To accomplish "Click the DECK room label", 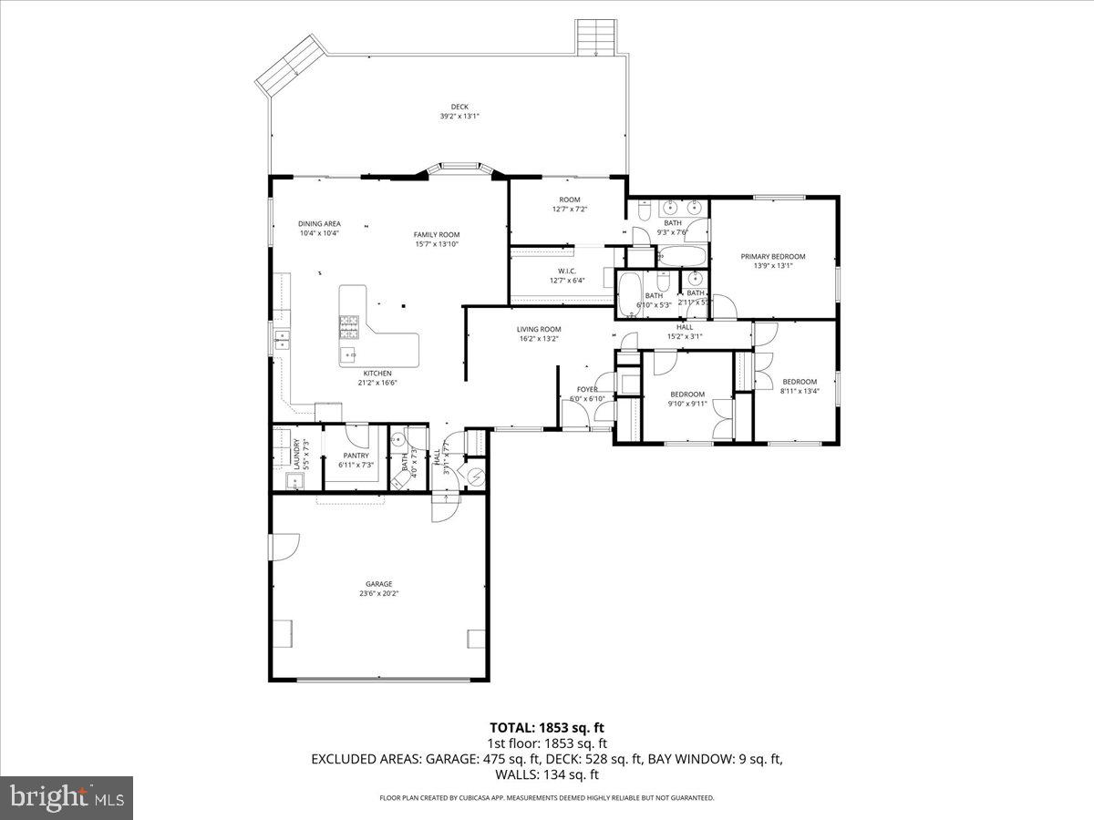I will (459, 107).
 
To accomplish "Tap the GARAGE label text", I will (379, 584).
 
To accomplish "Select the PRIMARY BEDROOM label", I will (772, 257).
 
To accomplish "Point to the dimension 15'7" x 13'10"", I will (436, 244).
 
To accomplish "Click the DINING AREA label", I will (319, 223).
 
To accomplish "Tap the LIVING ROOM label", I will (539, 329).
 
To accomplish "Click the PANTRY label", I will (356, 456).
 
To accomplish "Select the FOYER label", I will (587, 389).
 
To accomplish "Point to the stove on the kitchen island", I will (349, 321).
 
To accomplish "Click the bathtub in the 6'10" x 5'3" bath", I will (630, 292).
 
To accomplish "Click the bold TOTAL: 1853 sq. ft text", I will (546, 727).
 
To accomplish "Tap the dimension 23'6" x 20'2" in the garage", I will (379, 594).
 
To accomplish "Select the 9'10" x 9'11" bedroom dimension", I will (687, 404).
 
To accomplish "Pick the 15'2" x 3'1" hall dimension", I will (684, 336).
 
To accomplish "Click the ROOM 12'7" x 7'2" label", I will (569, 200).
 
